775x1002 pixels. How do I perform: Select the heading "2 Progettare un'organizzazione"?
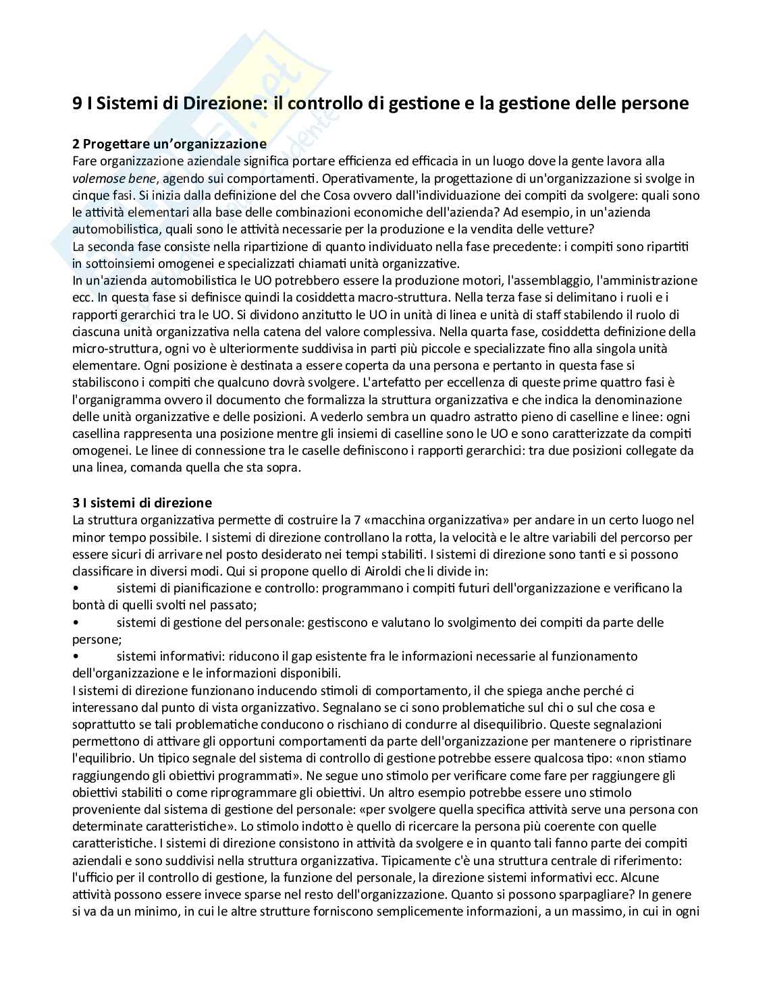click(169, 144)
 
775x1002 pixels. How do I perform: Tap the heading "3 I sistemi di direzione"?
click(142, 503)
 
